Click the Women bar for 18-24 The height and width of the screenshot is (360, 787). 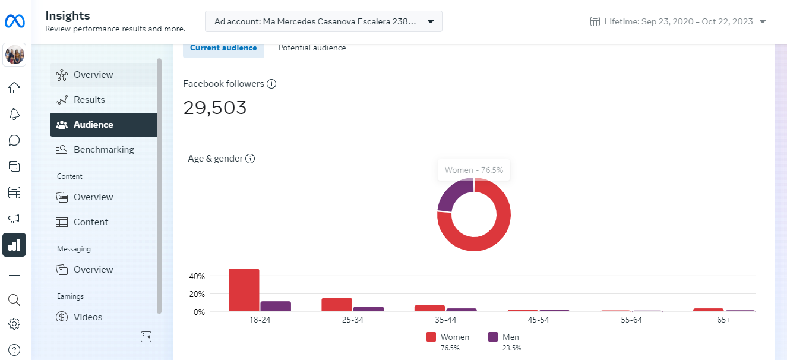244,290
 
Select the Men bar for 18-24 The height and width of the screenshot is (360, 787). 276,306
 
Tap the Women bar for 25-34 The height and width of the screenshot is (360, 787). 337,304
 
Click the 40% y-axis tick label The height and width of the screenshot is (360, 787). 197,276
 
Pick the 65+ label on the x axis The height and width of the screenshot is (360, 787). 724,320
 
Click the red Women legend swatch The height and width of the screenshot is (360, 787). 431,337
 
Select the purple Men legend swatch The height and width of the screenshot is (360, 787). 493,337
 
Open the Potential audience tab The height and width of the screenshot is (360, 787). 312,48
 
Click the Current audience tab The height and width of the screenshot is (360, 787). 223,48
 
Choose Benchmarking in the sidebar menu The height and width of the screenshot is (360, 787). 103,150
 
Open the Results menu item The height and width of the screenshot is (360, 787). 89,100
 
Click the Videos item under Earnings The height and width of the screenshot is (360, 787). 87,317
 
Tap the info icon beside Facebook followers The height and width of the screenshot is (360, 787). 271,84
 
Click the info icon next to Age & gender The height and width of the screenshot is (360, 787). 250,159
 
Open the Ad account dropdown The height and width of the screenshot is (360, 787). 324,21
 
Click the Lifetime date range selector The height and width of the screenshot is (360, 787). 678,21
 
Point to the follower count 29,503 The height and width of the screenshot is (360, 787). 215,108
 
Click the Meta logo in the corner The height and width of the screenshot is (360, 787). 14,21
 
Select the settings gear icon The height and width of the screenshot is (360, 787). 14,324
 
